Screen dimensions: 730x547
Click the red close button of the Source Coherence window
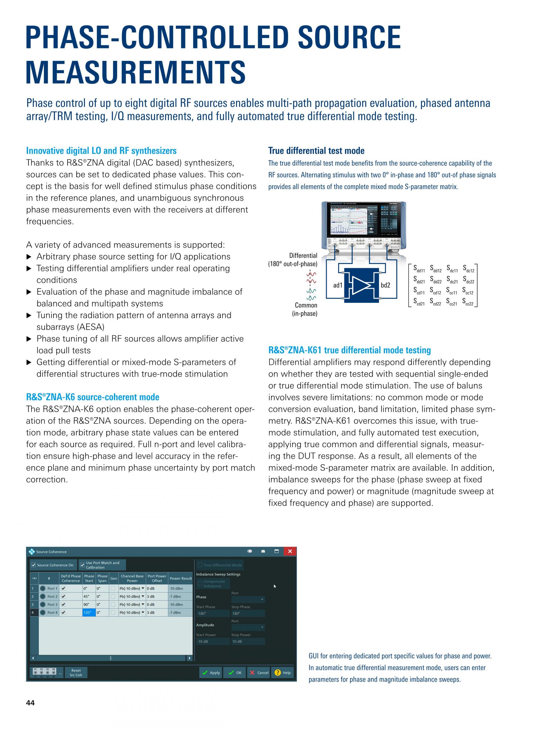coord(290,551)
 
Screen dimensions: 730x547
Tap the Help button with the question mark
coord(282,673)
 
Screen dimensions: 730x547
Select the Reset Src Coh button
coord(76,673)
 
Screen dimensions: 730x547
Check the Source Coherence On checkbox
coord(34,565)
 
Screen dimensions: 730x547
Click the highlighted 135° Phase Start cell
coord(89,613)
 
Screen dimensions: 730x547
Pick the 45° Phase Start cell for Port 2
coord(89,596)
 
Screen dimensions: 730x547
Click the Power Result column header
coord(180,578)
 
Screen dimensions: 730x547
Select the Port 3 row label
coord(52,605)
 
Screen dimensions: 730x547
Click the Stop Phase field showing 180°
coord(248,613)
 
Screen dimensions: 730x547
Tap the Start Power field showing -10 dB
coord(213,642)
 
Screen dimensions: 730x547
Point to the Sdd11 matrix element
coord(419,269)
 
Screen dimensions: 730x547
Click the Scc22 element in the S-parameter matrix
coord(468,302)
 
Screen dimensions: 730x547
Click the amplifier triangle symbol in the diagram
coord(362,285)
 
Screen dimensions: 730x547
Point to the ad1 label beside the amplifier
coord(338,285)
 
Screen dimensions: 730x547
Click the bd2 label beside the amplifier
coord(385,285)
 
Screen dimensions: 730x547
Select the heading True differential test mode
coord(316,151)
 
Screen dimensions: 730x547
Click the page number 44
coord(30,703)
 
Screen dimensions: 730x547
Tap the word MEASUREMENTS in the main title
coord(136,72)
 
